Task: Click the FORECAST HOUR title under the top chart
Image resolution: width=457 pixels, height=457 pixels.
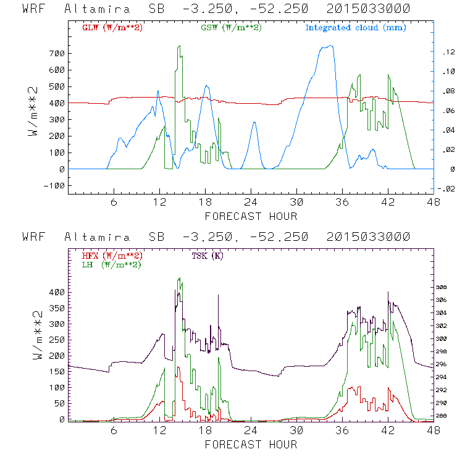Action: tap(251, 216)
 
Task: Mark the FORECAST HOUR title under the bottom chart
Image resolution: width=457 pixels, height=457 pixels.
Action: tap(251, 445)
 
